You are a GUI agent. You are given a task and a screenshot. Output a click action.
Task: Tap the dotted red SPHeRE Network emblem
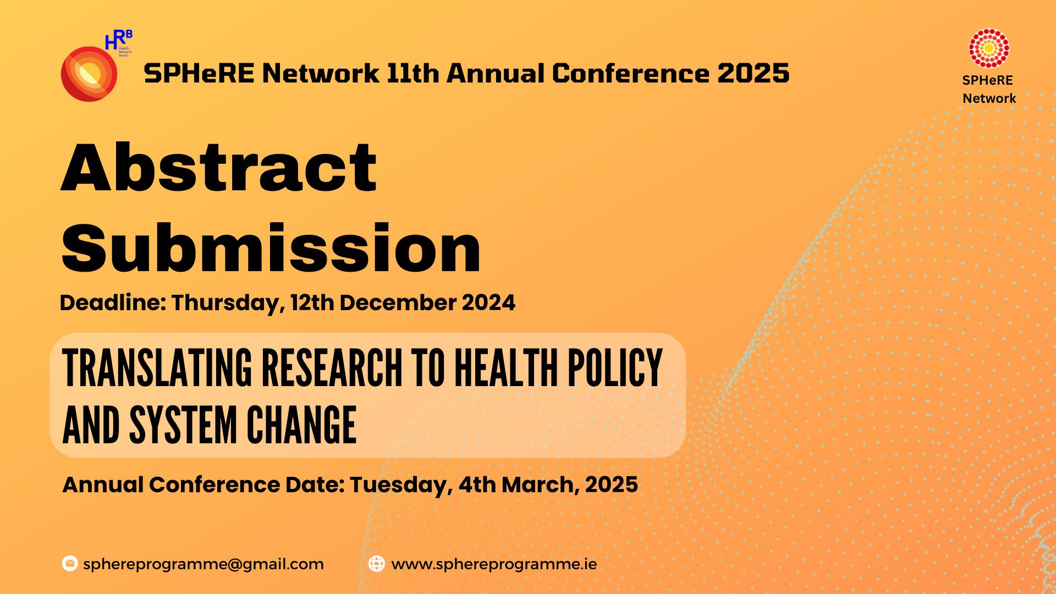(x=988, y=48)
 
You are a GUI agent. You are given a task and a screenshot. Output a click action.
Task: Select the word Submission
(x=271, y=249)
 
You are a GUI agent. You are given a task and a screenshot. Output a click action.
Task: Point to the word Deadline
(x=112, y=302)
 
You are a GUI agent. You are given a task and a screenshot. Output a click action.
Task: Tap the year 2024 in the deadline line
(x=488, y=302)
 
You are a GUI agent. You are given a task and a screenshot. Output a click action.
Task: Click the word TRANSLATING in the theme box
(x=157, y=368)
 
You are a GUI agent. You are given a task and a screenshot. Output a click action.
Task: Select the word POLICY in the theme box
(x=614, y=368)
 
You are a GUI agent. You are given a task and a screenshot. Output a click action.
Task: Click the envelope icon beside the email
(x=70, y=564)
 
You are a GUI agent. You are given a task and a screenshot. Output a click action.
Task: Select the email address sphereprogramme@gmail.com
(x=203, y=564)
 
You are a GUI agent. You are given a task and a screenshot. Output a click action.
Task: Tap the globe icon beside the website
(x=376, y=564)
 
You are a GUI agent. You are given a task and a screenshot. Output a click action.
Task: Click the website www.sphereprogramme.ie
(x=493, y=564)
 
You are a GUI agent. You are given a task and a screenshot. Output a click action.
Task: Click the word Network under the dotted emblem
(x=989, y=98)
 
